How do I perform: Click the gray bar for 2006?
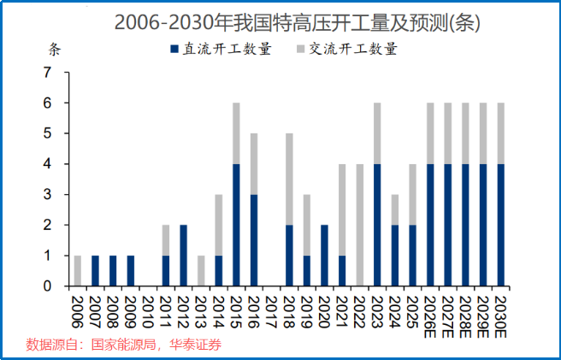point(78,270)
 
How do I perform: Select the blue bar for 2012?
point(184,255)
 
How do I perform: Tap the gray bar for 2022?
point(360,225)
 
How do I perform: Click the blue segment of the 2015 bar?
point(236,225)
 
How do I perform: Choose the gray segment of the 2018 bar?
point(289,180)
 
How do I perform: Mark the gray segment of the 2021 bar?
point(342,210)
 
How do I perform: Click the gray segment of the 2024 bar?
point(395,210)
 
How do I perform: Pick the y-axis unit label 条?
point(55,49)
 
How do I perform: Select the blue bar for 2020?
point(325,255)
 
